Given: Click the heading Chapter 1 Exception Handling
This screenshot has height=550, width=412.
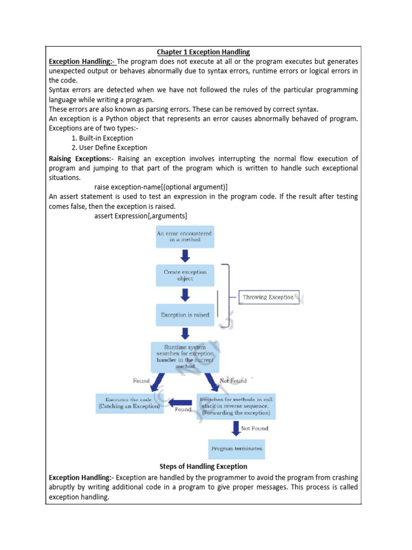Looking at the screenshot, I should tap(203, 52).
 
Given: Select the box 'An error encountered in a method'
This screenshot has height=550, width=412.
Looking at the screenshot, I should tap(185, 236).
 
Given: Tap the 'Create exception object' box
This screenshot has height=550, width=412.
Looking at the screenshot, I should tap(185, 276).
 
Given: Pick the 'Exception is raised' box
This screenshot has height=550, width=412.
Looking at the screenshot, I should tap(185, 315).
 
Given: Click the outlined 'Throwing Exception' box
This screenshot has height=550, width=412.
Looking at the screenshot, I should tap(268, 297).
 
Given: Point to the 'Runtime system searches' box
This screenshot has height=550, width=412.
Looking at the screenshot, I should tap(185, 357).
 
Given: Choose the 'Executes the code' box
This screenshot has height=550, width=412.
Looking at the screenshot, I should tap(129, 403).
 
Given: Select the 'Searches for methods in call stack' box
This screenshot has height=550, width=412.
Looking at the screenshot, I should tap(236, 407).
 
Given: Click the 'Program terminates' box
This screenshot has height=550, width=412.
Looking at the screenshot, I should tap(236, 448).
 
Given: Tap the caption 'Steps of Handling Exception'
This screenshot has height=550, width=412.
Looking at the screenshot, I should tap(203, 466).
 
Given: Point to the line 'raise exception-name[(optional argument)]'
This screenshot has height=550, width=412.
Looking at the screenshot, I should tap(161, 187).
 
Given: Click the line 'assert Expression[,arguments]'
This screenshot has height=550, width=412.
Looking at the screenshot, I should tap(141, 216).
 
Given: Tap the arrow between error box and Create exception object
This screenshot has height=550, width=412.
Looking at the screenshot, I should tap(185, 256).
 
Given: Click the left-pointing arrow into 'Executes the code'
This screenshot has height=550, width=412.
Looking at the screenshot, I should tap(180, 402).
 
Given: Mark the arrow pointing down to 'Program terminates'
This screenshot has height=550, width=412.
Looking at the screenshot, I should tap(236, 429).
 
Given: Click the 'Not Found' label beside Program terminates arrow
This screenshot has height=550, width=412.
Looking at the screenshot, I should tap(254, 429).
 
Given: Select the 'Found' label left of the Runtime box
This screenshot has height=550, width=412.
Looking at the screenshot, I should tap(141, 381).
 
